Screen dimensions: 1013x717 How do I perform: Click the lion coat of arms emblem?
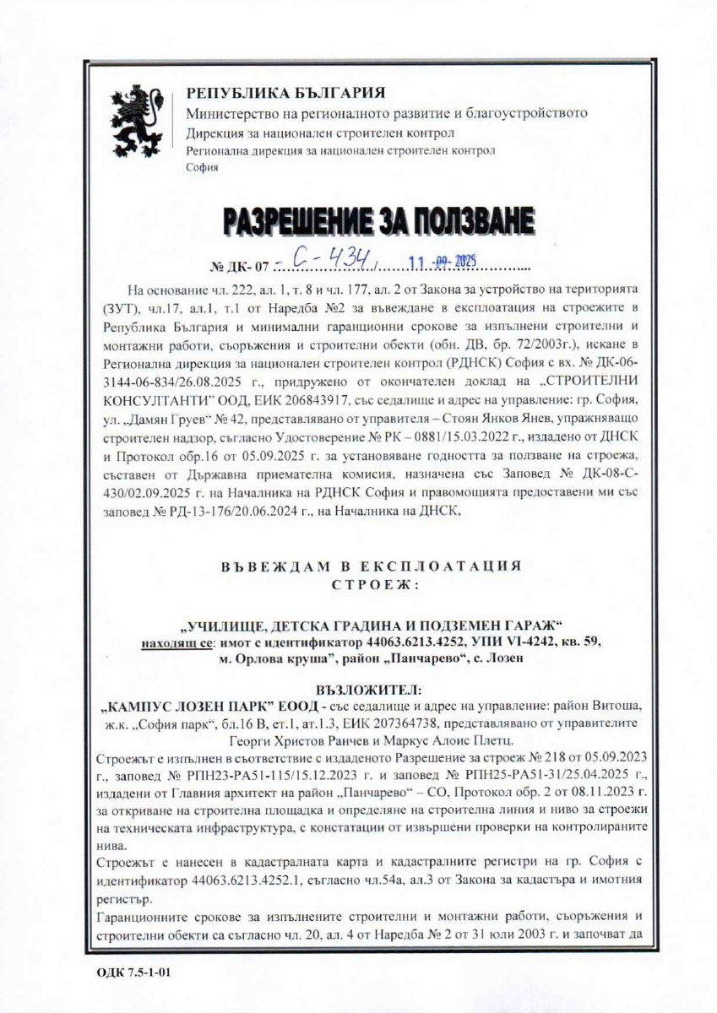136,124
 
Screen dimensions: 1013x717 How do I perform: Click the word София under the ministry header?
201,167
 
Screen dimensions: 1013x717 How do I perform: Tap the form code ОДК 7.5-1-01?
128,972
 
